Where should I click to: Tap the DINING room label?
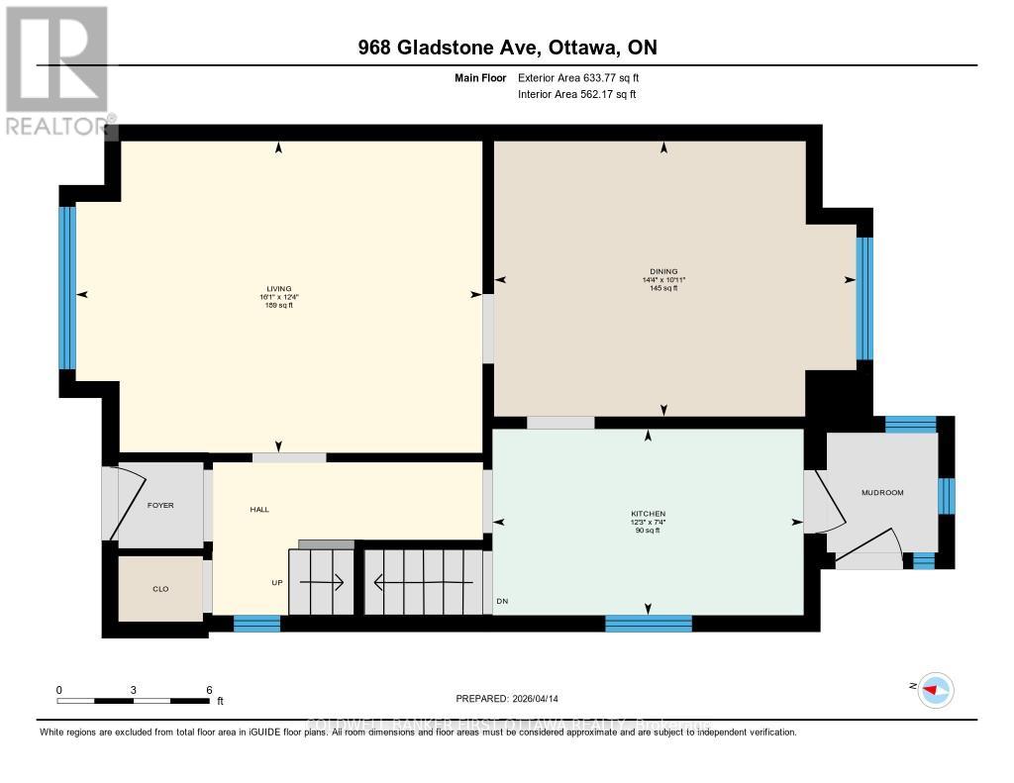pyautogui.click(x=663, y=271)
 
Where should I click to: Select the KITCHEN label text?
pyautogui.click(x=648, y=514)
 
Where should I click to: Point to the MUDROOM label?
pyautogui.click(x=882, y=492)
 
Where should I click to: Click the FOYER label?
pyautogui.click(x=160, y=505)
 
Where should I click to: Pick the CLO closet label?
pyautogui.click(x=160, y=589)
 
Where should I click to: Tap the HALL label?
pyautogui.click(x=259, y=509)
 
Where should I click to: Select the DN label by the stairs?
pyautogui.click(x=503, y=601)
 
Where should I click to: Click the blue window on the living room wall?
pyautogui.click(x=67, y=287)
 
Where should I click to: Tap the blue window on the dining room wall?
pyautogui.click(x=864, y=298)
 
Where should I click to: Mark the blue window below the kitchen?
pyautogui.click(x=649, y=623)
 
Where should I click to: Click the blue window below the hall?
pyautogui.click(x=257, y=623)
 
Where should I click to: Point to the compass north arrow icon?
pyautogui.click(x=934, y=690)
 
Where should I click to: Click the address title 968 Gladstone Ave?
pyautogui.click(x=507, y=47)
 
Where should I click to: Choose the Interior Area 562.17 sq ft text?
pyautogui.click(x=577, y=94)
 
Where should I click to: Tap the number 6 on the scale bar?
pyautogui.click(x=209, y=689)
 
